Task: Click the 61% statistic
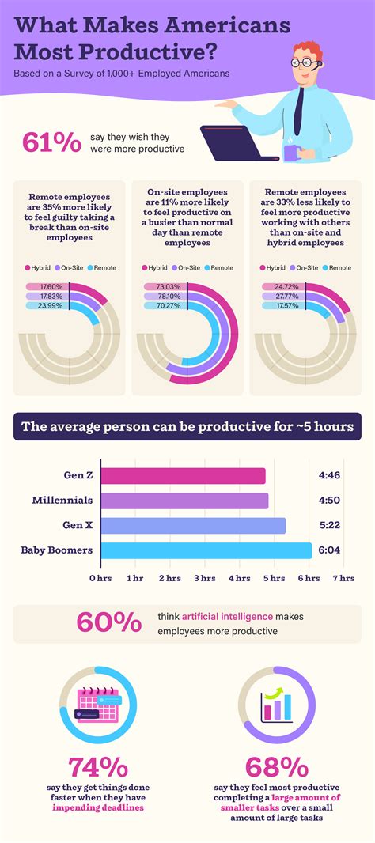point(52,142)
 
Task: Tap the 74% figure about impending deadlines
point(98,767)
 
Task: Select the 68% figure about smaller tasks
point(276,767)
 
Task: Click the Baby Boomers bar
point(206,550)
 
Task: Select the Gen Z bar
point(183,475)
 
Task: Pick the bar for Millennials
point(184,501)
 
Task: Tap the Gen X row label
point(77,525)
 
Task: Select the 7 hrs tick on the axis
point(343,579)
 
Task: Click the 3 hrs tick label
point(204,579)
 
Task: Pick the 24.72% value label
point(283,287)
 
